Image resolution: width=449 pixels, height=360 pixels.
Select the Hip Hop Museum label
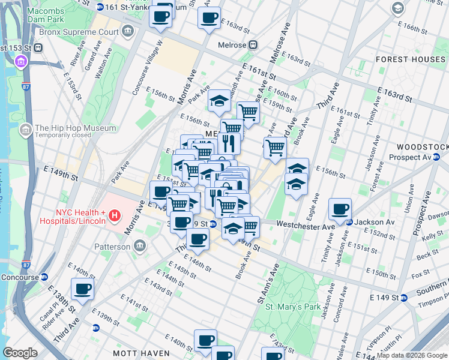pyautogui.click(x=75, y=128)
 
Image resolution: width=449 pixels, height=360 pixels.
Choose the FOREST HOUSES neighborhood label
pyautogui.click(x=411, y=59)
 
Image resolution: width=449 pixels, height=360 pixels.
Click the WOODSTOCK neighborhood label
pyautogui.click(x=423, y=147)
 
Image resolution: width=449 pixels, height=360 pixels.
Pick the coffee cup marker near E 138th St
pyautogui.click(x=82, y=289)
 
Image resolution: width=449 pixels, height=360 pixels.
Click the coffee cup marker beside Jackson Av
pyautogui.click(x=340, y=209)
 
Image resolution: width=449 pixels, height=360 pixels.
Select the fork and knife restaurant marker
pyautogui.click(x=229, y=142)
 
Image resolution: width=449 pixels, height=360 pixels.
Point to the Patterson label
pyautogui.click(x=112, y=247)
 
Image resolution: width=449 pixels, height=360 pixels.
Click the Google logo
pyautogui.click(x=20, y=353)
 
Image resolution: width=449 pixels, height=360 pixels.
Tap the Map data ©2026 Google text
pyautogui.click(x=411, y=355)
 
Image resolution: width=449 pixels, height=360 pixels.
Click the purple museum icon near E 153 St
pyautogui.click(x=21, y=62)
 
